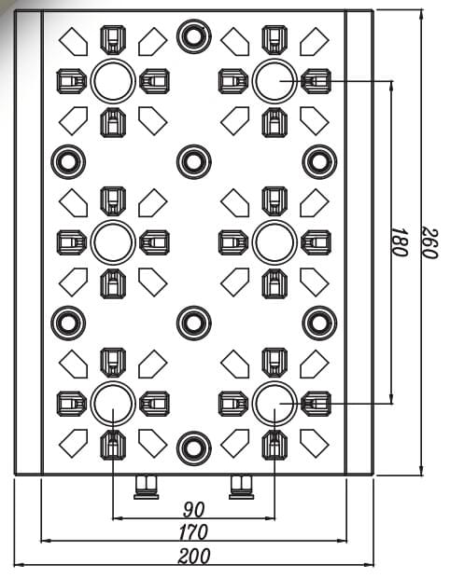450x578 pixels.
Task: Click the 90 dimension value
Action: pyautogui.click(x=194, y=509)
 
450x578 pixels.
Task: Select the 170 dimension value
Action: pyautogui.click(x=193, y=532)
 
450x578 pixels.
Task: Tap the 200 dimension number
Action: pyautogui.click(x=194, y=556)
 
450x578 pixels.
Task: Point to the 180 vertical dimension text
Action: pyautogui.click(x=400, y=241)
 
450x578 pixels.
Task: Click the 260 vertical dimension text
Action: pyautogui.click(x=429, y=243)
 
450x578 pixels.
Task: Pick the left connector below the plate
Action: pyautogui.click(x=147, y=488)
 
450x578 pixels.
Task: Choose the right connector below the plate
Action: pyautogui.click(x=242, y=488)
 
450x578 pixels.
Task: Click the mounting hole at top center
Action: pyautogui.click(x=194, y=36)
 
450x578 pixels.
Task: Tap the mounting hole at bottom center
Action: pyautogui.click(x=194, y=448)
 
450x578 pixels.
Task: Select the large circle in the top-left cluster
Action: pyautogui.click(x=113, y=60)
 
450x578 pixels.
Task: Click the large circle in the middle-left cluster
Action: pyautogui.click(x=113, y=221)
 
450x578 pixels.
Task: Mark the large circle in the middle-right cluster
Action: pyautogui.click(x=274, y=221)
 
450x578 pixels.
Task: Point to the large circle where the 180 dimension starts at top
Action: pyautogui.click(x=274, y=60)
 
